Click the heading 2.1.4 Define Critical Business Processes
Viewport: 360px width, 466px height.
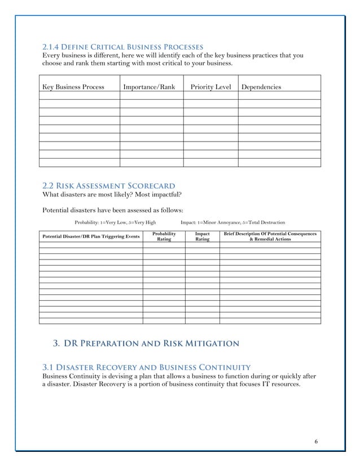(123, 46)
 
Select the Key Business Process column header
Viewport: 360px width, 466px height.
(73, 87)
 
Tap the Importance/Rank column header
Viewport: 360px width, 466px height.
(149, 87)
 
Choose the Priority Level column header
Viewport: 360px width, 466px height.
(210, 87)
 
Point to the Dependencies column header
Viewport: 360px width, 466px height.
(261, 87)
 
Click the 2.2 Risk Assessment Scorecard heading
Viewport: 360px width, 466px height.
(109, 186)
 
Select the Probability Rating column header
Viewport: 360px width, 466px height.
(164, 236)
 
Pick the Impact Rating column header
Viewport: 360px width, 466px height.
(202, 236)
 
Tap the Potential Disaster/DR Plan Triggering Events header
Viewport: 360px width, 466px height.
(91, 236)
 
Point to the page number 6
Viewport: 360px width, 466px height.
(316, 441)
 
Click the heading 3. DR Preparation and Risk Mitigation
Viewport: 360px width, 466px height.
(146, 343)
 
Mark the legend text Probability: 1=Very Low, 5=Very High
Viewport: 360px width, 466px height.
(116, 223)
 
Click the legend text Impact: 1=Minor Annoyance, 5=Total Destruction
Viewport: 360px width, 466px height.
(232, 223)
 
